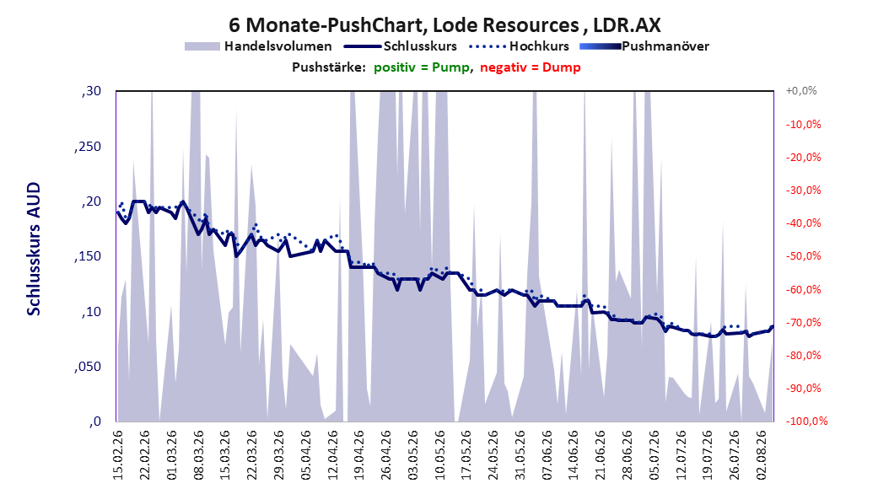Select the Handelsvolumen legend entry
pyautogui.click(x=258, y=46)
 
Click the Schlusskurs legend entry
pyautogui.click(x=401, y=46)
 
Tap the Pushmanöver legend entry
pyautogui.click(x=644, y=46)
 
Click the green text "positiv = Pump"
pyautogui.click(x=422, y=67)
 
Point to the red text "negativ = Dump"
pyautogui.click(x=531, y=67)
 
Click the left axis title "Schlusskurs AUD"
pyautogui.click(x=34, y=249)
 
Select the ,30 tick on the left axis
pyautogui.click(x=91, y=91)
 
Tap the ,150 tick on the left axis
pyautogui.click(x=88, y=256)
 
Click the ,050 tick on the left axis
pyautogui.click(x=88, y=367)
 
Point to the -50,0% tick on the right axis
pyautogui.click(x=803, y=256)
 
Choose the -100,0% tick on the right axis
pyautogui.click(x=806, y=421)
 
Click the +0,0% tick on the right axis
pyautogui.click(x=801, y=91)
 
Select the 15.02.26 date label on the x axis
pyautogui.click(x=118, y=455)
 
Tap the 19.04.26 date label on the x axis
pyautogui.click(x=358, y=455)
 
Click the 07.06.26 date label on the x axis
pyautogui.click(x=547, y=455)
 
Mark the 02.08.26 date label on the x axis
pyautogui.click(x=761, y=455)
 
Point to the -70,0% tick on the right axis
pyautogui.click(x=803, y=322)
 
